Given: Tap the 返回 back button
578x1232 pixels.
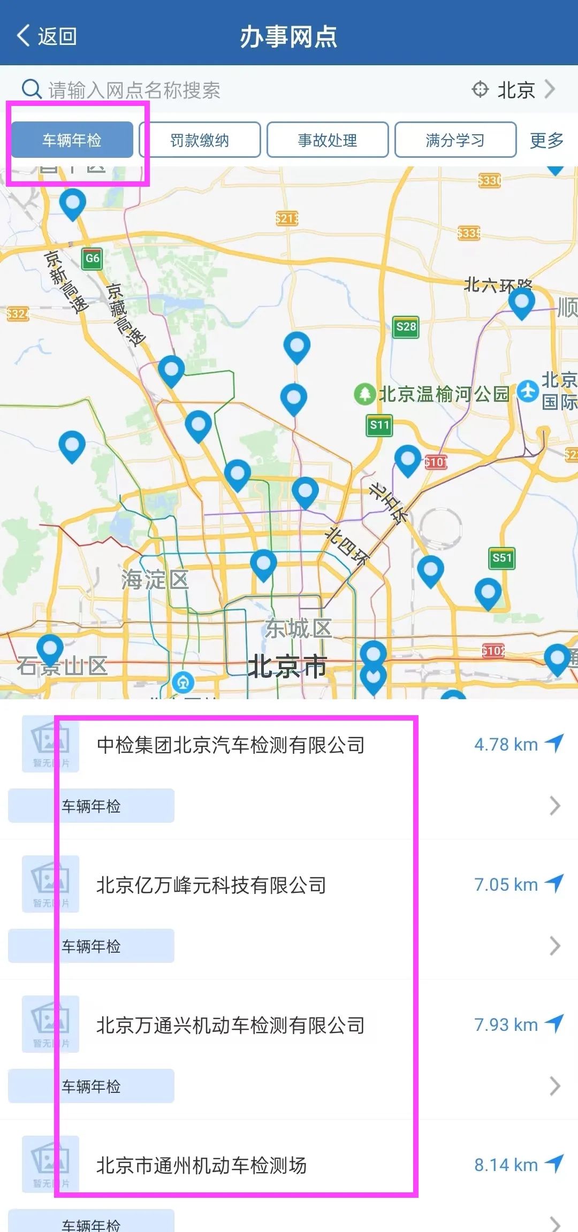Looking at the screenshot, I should (47, 36).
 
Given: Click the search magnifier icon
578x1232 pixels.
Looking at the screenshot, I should (32, 89).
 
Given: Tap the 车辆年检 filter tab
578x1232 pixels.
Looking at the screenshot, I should (72, 140).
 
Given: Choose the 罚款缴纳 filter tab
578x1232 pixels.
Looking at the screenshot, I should (200, 140).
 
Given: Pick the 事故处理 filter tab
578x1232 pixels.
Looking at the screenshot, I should (328, 140).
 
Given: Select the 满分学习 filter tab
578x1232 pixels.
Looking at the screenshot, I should (455, 140).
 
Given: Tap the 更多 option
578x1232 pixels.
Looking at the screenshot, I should (546, 140).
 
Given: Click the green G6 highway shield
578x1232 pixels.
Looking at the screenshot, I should (92, 258).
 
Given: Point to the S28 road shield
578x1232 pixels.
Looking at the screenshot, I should (406, 327).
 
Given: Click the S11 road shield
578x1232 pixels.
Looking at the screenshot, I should (380, 425).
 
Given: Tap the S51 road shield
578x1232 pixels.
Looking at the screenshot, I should (502, 558).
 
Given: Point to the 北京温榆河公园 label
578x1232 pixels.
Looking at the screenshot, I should (443, 394).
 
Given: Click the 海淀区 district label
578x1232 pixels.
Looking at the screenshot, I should (155, 579).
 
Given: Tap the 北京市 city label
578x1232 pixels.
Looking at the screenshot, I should (287, 667).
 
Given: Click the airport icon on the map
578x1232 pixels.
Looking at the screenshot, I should (528, 392).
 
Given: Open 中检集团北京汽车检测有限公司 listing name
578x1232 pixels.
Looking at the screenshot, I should (231, 745).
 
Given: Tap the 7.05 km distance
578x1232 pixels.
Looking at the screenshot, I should (506, 884).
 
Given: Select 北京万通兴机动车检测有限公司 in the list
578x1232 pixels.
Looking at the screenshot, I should (231, 1025).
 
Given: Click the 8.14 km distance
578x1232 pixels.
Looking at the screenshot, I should (506, 1165).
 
